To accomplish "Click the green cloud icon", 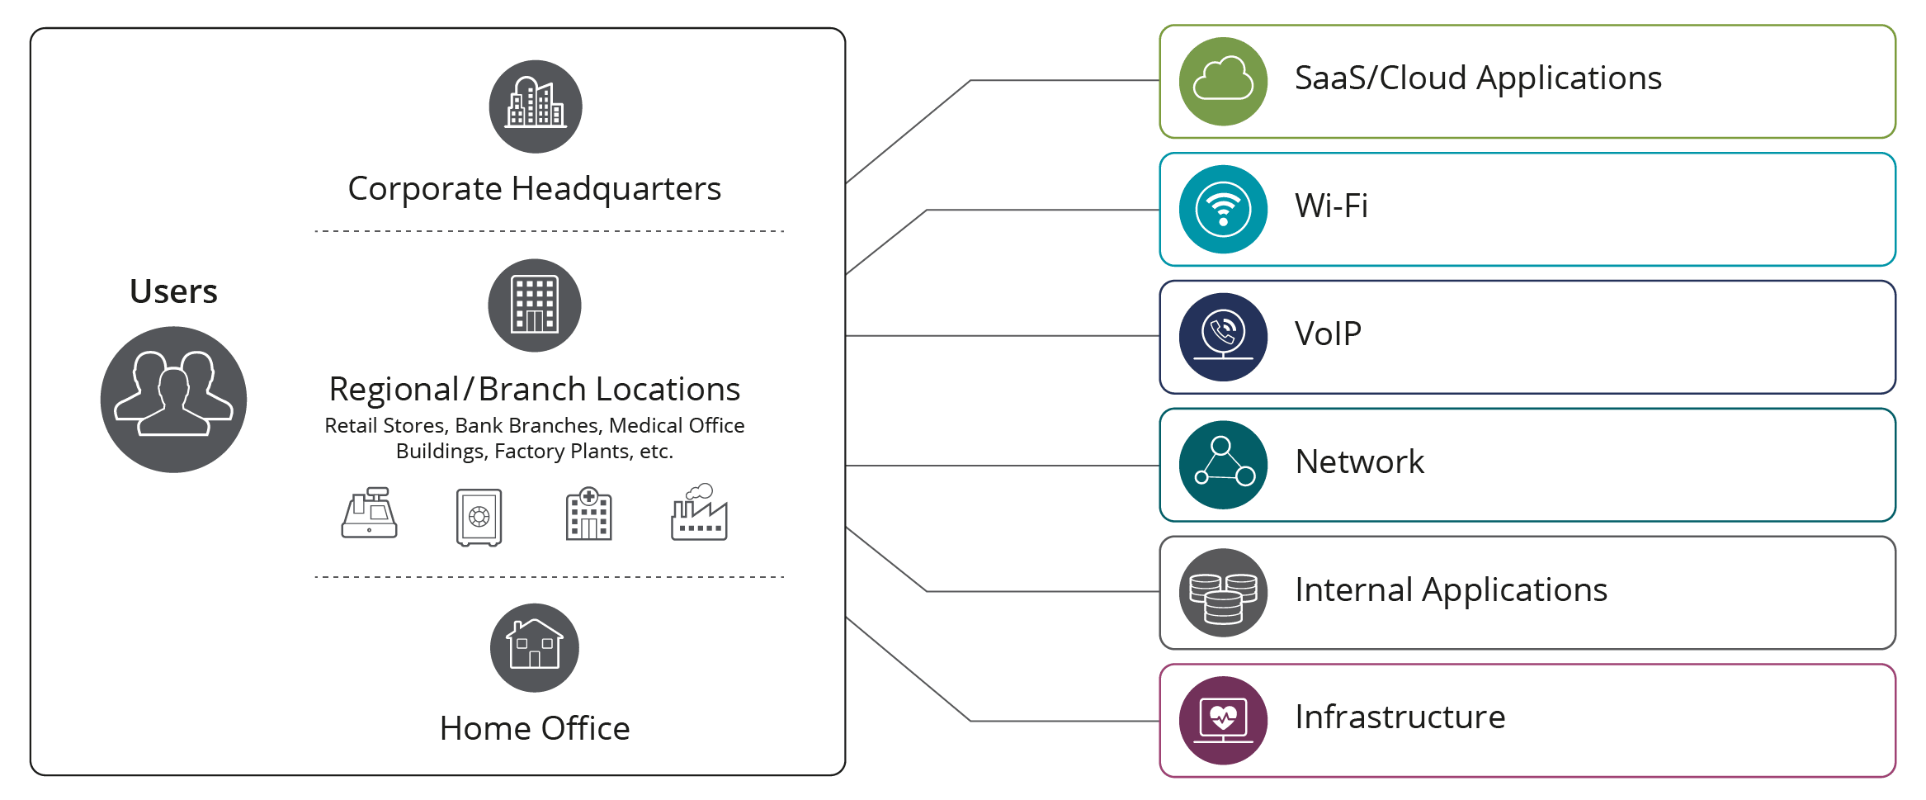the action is [1223, 81].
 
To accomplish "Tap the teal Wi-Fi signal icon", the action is [1223, 209].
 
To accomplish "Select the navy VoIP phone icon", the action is [1223, 337].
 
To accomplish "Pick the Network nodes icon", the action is [1223, 465].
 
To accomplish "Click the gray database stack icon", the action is [1223, 593].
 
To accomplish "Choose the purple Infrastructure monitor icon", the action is [1223, 721].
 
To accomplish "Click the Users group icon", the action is [173, 400].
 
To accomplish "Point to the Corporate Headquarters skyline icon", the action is [536, 107].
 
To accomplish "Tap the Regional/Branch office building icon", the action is [535, 305].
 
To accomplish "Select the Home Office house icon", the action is [535, 648].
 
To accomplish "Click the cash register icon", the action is [370, 513].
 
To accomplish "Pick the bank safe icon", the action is [479, 518].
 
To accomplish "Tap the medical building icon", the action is [589, 514].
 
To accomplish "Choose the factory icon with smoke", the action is [699, 512].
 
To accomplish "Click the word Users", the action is [173, 291].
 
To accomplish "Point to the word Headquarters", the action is [616, 189].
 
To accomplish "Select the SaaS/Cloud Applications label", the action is [1478, 78].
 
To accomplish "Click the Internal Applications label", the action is [1452, 590].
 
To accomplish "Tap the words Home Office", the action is [535, 728].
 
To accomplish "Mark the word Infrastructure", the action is [1400, 717].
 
